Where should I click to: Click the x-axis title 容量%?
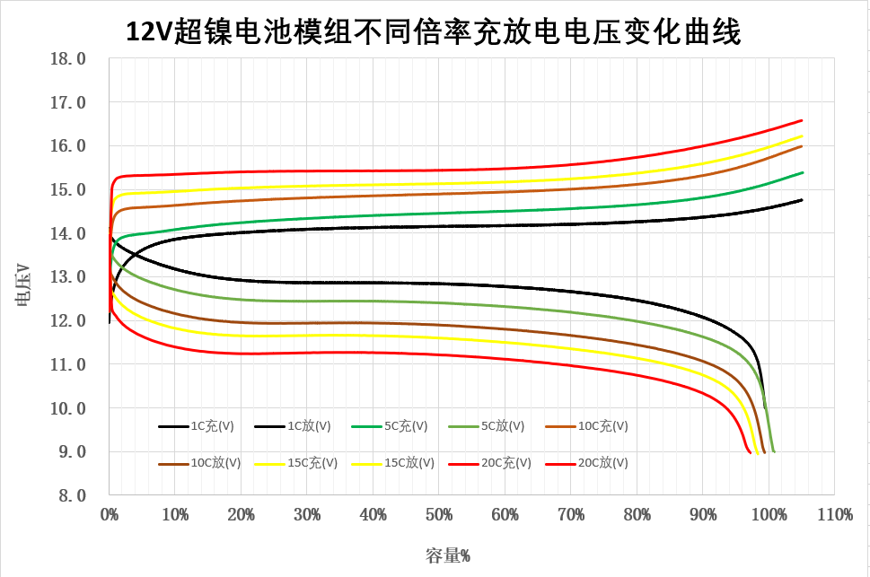pyautogui.click(x=448, y=555)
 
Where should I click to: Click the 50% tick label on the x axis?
pyautogui.click(x=439, y=516)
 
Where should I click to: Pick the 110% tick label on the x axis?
pyautogui.click(x=834, y=516)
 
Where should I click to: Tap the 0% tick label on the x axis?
pyautogui.click(x=110, y=516)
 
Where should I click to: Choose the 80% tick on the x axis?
pyautogui.click(x=637, y=516)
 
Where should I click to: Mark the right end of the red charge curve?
pyautogui.click(x=801, y=120)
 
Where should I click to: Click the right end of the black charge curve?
pyautogui.click(x=801, y=200)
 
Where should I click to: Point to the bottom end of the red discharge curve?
pyautogui.click(x=750, y=453)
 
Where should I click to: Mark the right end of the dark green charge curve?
pyautogui.click(x=802, y=172)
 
